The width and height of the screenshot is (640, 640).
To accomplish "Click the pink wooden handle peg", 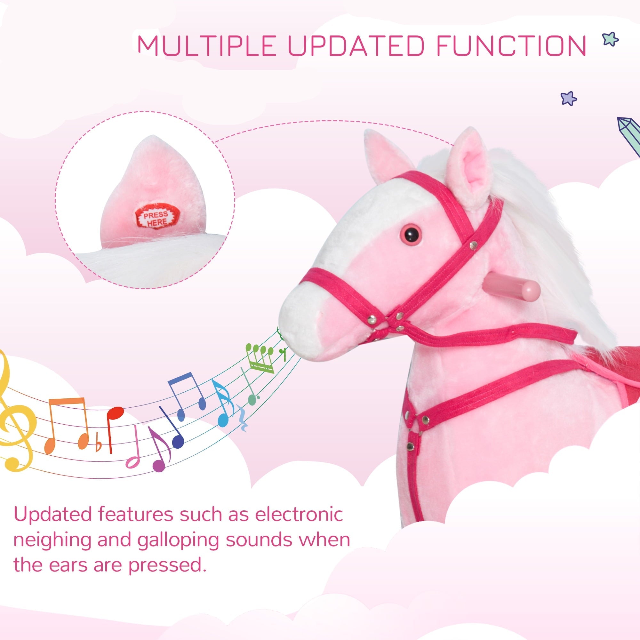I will (511, 288).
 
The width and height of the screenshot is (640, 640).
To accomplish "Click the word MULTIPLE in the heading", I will (207, 45).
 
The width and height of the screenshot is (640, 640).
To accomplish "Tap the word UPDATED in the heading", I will (356, 45).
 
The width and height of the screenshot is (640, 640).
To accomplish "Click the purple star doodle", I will (568, 98).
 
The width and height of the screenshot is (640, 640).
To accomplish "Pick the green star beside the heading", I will (610, 39).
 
